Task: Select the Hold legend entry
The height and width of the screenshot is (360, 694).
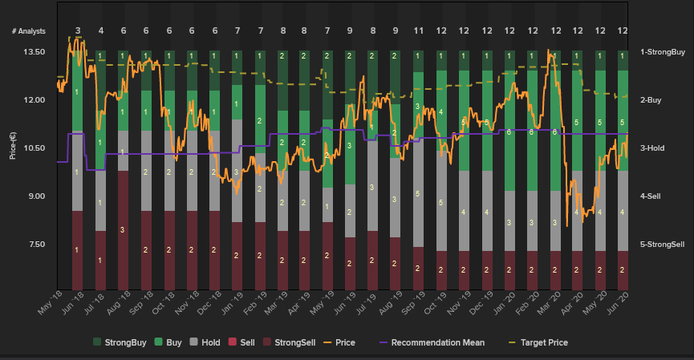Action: click(205, 342)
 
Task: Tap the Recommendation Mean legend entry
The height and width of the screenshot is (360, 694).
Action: click(431, 342)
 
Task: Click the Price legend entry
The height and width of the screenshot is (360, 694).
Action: click(341, 342)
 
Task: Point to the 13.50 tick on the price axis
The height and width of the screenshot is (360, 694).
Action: click(34, 52)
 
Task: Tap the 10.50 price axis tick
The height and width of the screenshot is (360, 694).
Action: click(34, 148)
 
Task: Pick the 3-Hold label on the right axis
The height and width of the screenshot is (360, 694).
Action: click(652, 148)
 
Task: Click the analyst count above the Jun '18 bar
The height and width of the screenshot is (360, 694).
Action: click(78, 30)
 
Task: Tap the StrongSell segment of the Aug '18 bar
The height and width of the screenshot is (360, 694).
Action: click(123, 229)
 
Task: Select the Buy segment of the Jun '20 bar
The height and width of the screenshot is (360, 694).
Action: click(623, 120)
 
